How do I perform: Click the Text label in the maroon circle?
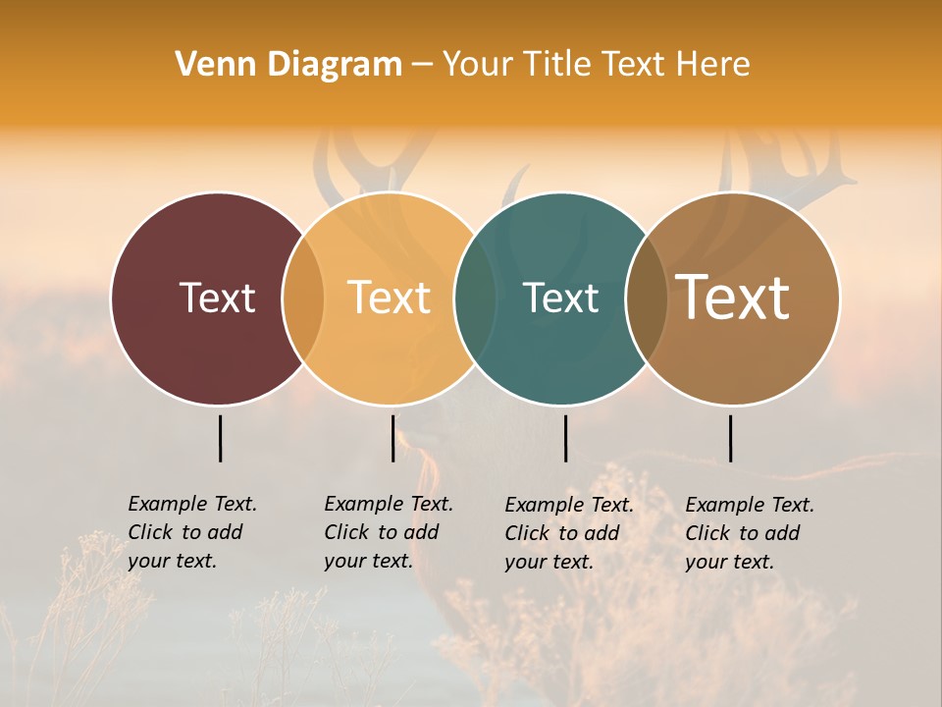pyautogui.click(x=217, y=298)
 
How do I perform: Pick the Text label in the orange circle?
pyautogui.click(x=389, y=298)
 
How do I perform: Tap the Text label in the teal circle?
pyautogui.click(x=560, y=298)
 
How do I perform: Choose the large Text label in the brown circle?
pyautogui.click(x=733, y=298)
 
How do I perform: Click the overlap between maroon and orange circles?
pyautogui.click(x=303, y=298)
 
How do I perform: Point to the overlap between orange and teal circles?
pyautogui.click(x=475, y=298)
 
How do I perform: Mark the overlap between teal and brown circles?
pyautogui.click(x=647, y=298)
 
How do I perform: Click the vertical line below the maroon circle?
pyautogui.click(x=220, y=438)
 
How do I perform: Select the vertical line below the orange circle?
pyautogui.click(x=392, y=438)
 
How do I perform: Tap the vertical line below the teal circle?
pyautogui.click(x=565, y=438)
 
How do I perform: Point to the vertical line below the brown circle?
pyautogui.click(x=730, y=438)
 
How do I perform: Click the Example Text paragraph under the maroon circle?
pyautogui.click(x=192, y=532)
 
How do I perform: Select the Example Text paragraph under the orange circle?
pyautogui.click(x=389, y=532)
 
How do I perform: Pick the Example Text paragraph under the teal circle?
pyautogui.click(x=569, y=533)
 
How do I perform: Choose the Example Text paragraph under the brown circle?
pyautogui.click(x=750, y=533)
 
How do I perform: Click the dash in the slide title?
pyautogui.click(x=421, y=65)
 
